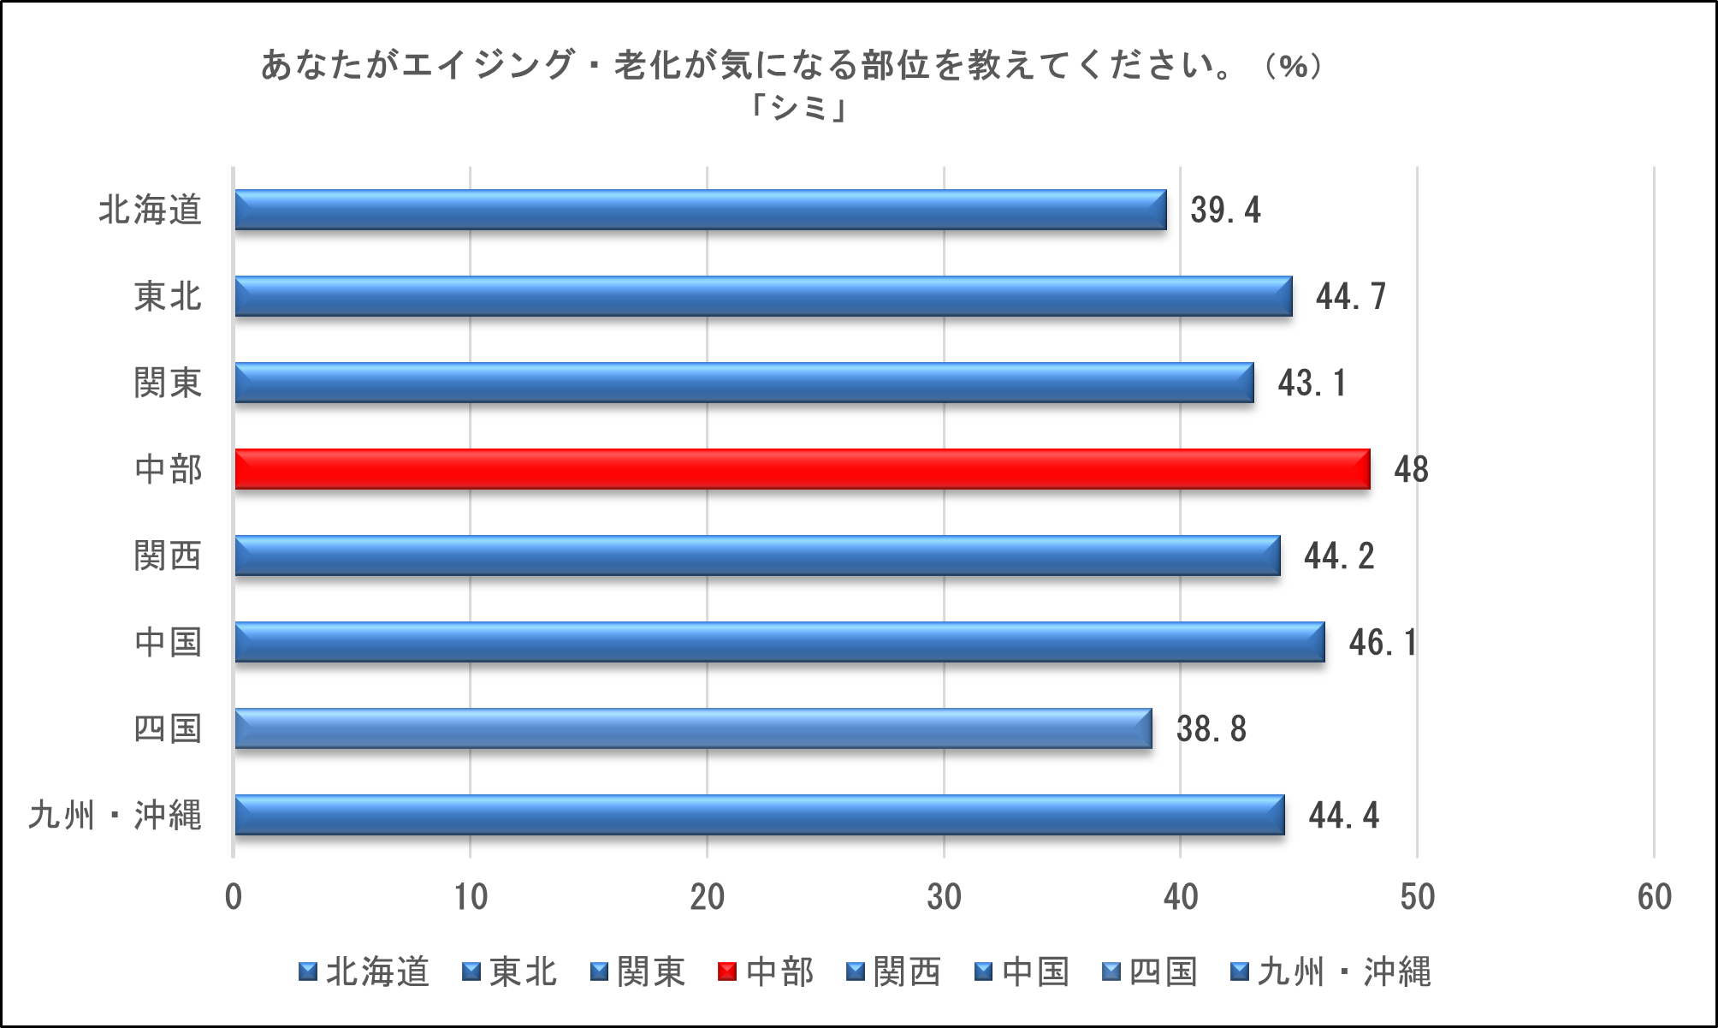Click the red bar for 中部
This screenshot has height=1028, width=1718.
802,469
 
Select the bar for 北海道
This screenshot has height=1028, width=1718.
700,210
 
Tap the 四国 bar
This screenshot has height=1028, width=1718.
693,728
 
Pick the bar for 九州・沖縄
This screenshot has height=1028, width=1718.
759,815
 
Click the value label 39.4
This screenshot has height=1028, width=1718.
1225,211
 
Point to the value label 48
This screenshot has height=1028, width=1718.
1411,470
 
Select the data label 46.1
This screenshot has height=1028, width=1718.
1383,643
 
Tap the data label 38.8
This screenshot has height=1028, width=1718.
1211,729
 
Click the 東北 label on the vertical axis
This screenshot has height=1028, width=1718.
168,297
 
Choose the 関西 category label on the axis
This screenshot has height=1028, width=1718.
168,556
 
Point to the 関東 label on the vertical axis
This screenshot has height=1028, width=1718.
168,383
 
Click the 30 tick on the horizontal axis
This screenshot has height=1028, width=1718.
944,897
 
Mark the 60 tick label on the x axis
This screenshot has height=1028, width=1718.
1654,897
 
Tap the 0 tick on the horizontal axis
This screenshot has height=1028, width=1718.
234,897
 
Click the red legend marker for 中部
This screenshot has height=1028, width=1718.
727,972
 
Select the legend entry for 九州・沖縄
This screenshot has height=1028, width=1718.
1343,972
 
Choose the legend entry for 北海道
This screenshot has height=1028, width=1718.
377,972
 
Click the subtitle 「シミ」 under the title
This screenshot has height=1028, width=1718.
799,107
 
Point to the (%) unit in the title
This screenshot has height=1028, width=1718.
1294,65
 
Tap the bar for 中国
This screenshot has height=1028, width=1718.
779,642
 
